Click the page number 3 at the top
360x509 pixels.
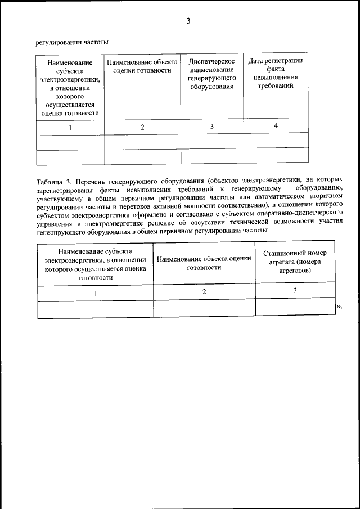click(x=188, y=21)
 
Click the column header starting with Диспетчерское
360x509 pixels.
click(x=211, y=74)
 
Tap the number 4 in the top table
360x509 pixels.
click(x=276, y=125)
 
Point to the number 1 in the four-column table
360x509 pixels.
click(x=70, y=127)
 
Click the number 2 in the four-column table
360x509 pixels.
click(x=142, y=127)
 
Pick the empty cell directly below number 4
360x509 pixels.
click(x=276, y=140)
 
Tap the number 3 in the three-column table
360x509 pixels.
click(x=295, y=290)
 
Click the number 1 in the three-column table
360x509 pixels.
click(x=95, y=292)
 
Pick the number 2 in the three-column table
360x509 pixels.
click(x=204, y=291)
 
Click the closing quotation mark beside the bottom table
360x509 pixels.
click(x=339, y=306)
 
